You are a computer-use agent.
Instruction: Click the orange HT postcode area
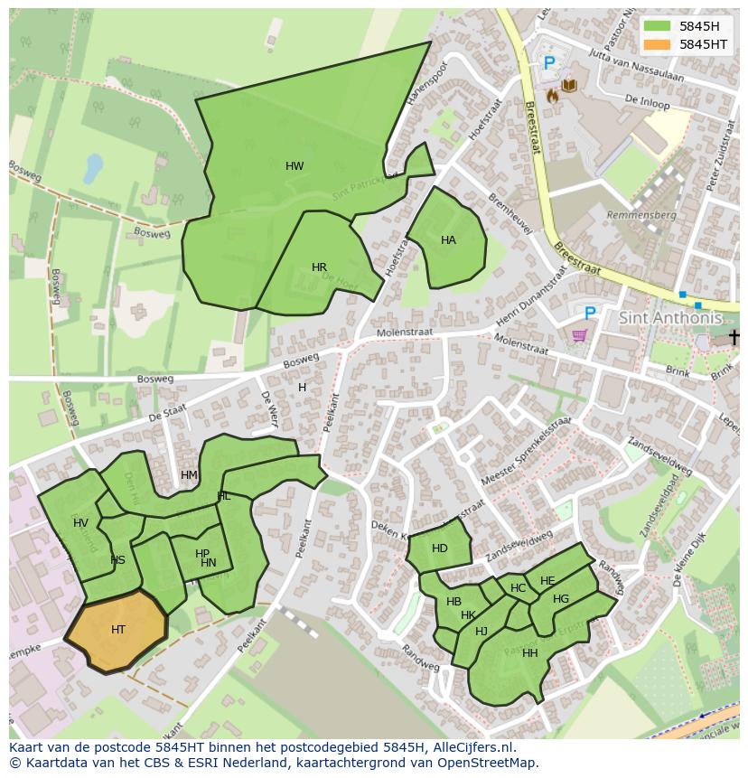point(117,630)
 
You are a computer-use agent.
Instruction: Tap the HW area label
point(295,166)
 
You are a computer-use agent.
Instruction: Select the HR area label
point(319,267)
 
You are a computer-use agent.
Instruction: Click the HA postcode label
point(448,240)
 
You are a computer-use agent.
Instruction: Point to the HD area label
point(440,548)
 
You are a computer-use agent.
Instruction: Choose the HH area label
point(529,653)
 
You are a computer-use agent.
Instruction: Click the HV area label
point(81,523)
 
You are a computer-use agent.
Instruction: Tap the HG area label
point(561,599)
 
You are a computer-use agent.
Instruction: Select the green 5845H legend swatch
point(659,26)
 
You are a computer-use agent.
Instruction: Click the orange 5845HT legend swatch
point(659,44)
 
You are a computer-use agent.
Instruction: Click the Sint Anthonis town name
point(670,318)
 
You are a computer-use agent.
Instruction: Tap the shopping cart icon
point(579,335)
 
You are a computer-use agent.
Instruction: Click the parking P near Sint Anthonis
point(590,313)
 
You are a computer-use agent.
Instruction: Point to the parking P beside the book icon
point(548,63)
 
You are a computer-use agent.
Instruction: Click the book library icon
point(569,86)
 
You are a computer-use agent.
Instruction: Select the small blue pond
point(93,167)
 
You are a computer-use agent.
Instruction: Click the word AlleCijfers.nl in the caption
point(471,747)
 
